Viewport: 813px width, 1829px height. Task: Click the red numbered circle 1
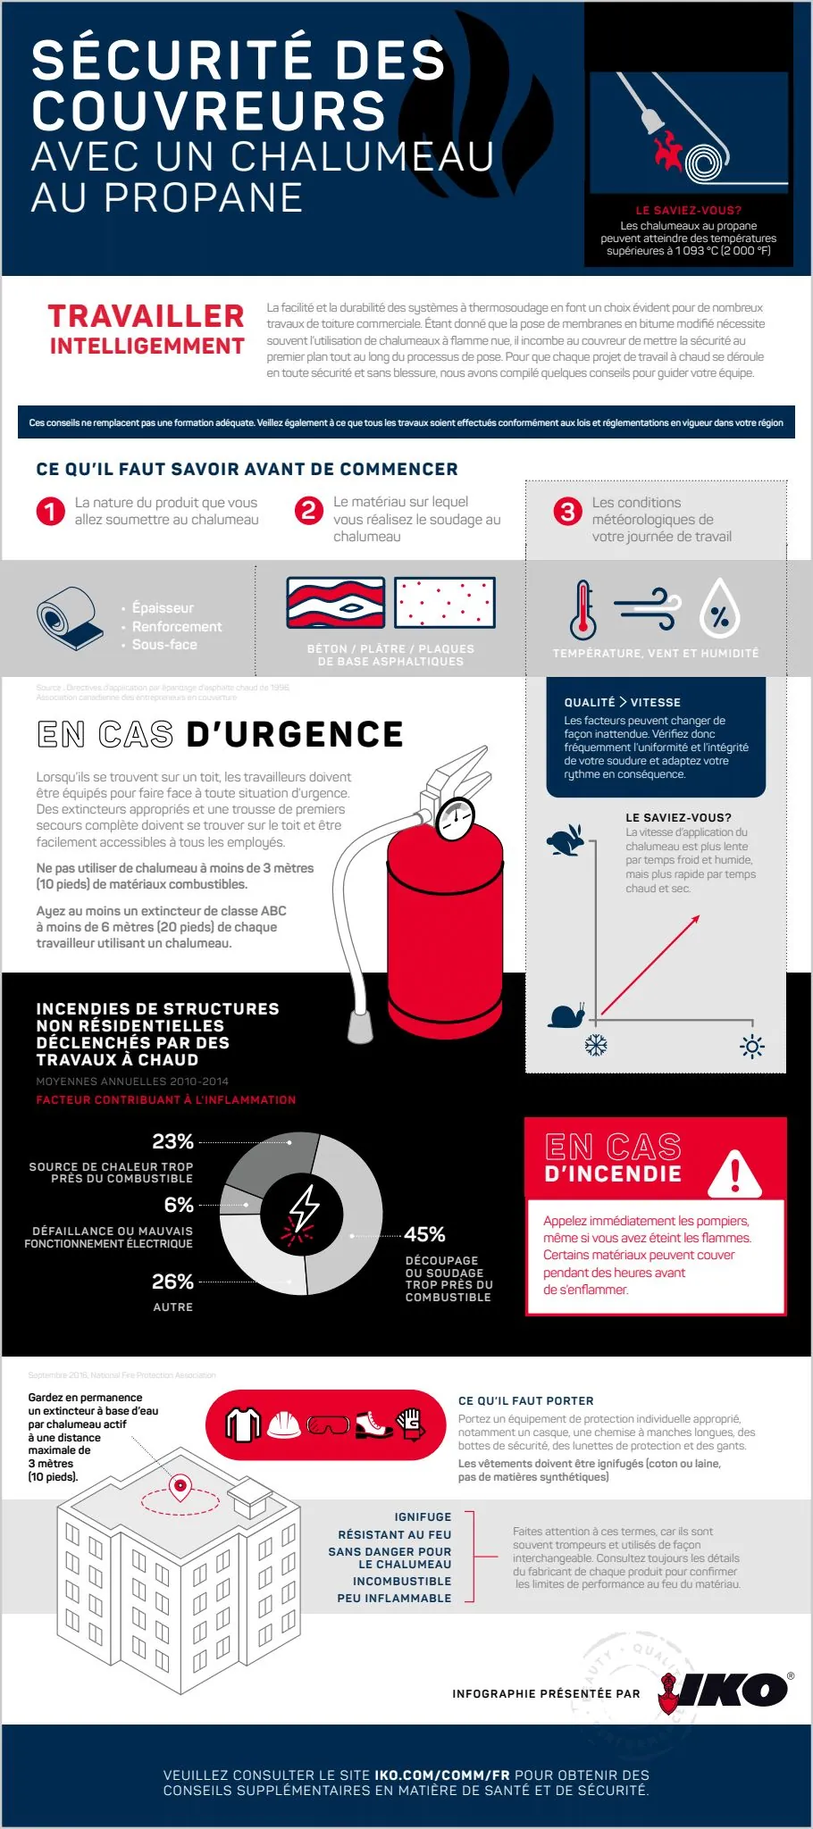click(50, 511)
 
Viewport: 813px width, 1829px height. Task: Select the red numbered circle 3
click(567, 512)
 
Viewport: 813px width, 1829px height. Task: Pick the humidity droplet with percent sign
click(719, 610)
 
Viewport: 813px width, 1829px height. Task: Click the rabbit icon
click(566, 839)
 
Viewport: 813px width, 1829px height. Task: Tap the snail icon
click(568, 1015)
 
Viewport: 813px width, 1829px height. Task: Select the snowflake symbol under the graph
click(596, 1045)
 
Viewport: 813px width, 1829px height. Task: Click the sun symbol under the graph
click(752, 1047)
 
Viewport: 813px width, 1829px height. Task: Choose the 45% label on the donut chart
click(424, 1234)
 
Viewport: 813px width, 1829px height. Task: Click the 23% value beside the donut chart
click(172, 1141)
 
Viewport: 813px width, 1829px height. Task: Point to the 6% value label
click(179, 1205)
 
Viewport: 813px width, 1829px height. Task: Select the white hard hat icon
click(284, 1424)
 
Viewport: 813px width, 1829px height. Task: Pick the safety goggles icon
click(328, 1425)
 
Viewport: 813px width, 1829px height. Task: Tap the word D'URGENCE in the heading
click(295, 734)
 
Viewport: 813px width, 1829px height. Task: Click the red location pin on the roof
click(180, 1486)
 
